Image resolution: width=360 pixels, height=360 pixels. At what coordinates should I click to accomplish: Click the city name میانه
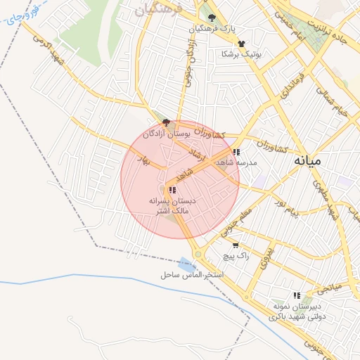(x=307, y=160)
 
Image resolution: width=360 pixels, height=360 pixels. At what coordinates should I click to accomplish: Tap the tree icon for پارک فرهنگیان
(x=212, y=18)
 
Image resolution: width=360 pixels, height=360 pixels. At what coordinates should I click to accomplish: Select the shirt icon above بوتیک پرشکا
(x=241, y=44)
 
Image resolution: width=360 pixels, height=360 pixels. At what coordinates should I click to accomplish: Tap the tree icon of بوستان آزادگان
(x=165, y=122)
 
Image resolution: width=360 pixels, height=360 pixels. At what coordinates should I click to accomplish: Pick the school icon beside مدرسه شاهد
(x=237, y=151)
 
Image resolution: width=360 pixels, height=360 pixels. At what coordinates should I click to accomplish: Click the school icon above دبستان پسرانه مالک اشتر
(x=172, y=190)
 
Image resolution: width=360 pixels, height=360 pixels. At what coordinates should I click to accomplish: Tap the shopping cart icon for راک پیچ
(x=235, y=245)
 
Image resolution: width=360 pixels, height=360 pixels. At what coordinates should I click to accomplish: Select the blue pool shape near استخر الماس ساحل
(x=187, y=264)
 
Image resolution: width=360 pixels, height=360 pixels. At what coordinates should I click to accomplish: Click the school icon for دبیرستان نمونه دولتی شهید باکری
(x=297, y=295)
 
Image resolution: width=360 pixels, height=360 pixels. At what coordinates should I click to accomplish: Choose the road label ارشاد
(x=196, y=154)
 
